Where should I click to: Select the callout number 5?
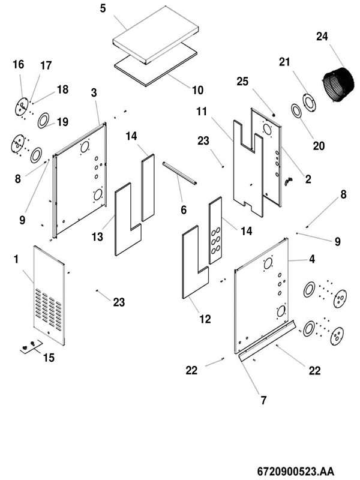pos(103,10)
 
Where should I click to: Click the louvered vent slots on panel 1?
pos(47,305)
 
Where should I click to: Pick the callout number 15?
pos(49,358)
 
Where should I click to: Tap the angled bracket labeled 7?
pos(267,341)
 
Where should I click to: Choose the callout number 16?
pos(18,64)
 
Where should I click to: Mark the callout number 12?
pos(205,319)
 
